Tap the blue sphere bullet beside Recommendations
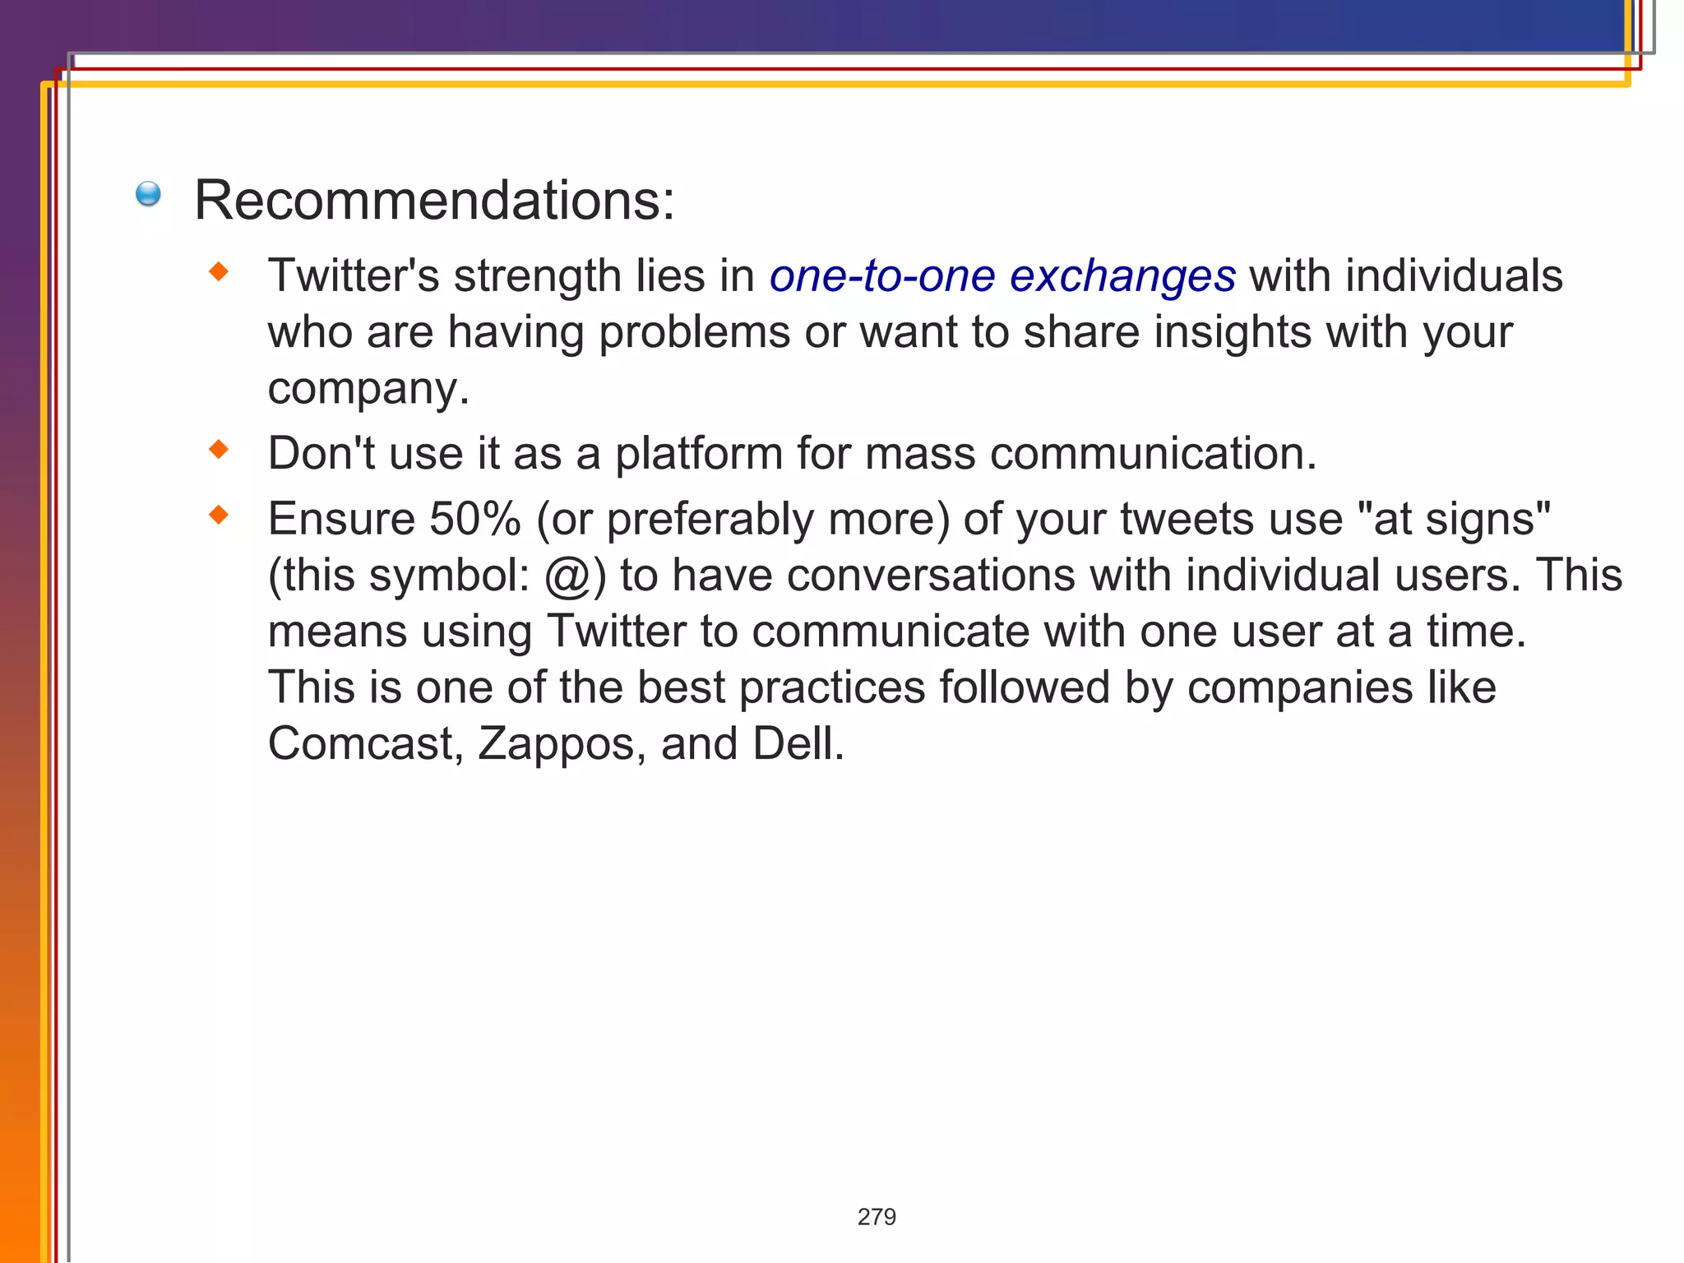point(148,194)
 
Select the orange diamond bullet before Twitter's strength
point(219,271)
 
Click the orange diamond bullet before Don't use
point(219,449)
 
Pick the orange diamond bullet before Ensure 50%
point(219,515)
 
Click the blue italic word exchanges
point(1122,275)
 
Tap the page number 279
point(877,1216)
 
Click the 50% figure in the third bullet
point(474,519)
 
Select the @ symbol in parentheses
point(567,576)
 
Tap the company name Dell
point(796,743)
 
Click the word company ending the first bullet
point(367,390)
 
